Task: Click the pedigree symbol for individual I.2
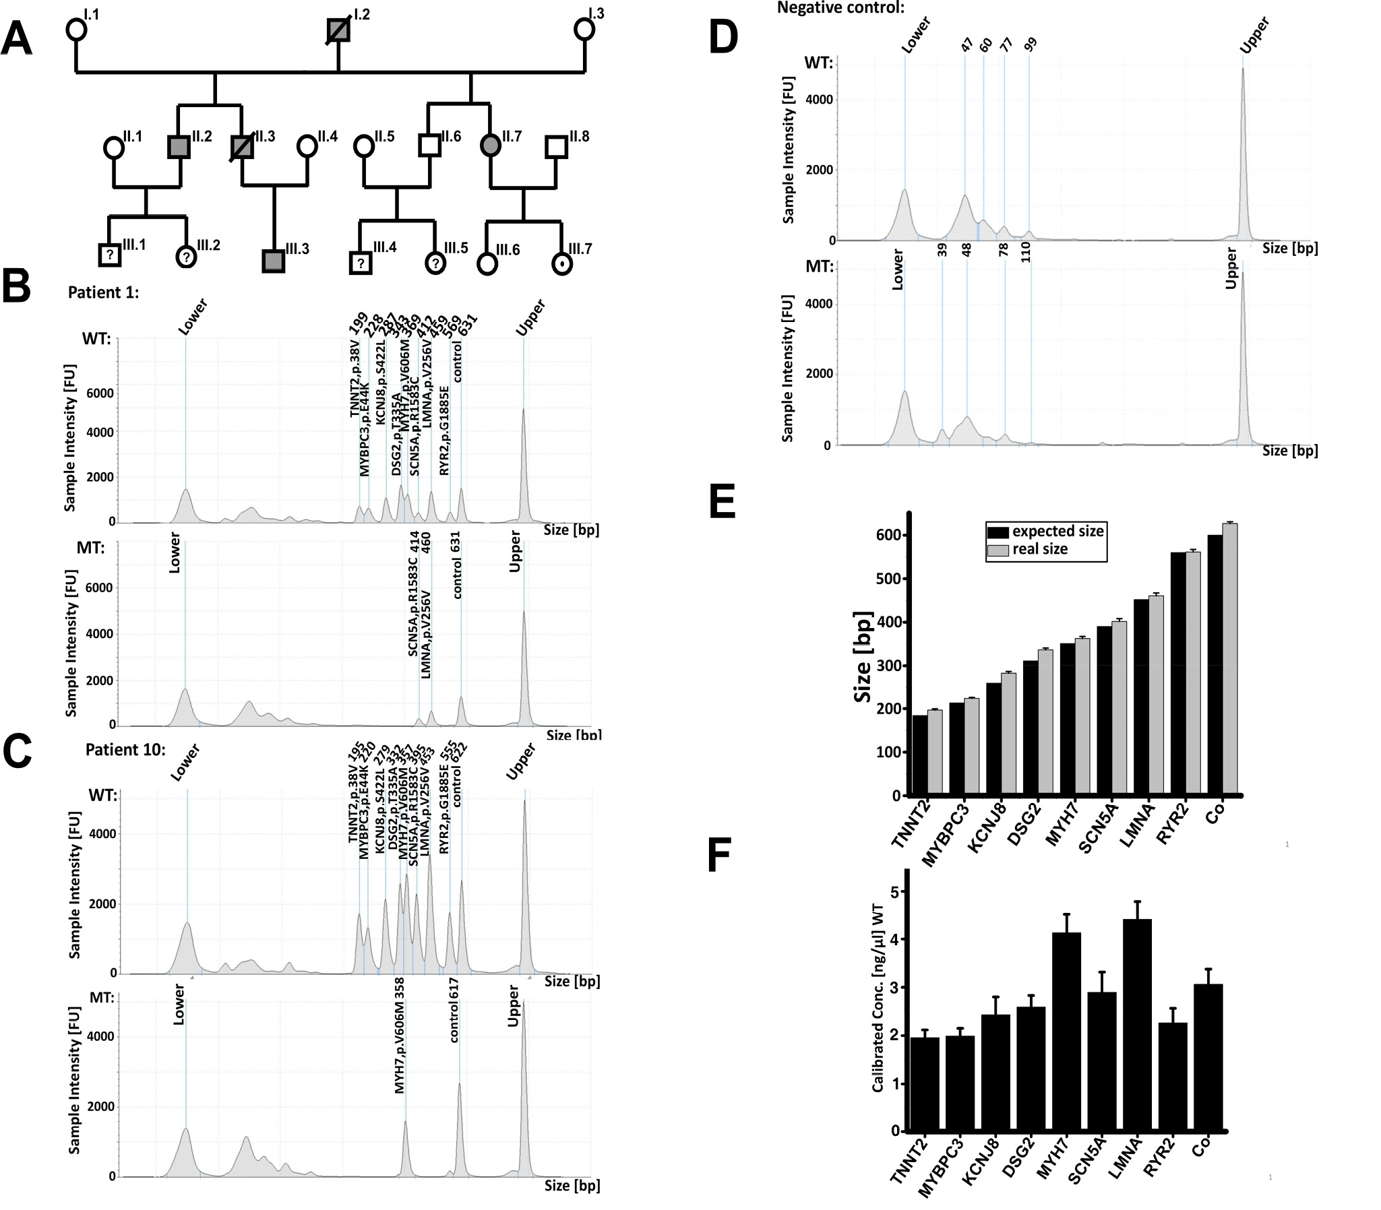pos(338,30)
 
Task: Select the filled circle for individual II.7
pos(490,145)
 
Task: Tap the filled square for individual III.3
pos(273,261)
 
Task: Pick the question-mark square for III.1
pos(109,255)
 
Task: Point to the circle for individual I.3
pos(584,30)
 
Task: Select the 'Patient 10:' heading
pos(125,749)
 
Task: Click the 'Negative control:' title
pos(840,8)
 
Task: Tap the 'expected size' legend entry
pos(1057,532)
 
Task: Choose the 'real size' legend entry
pos(1039,550)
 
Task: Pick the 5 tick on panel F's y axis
pos(894,892)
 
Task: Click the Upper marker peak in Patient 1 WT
pos(524,466)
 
